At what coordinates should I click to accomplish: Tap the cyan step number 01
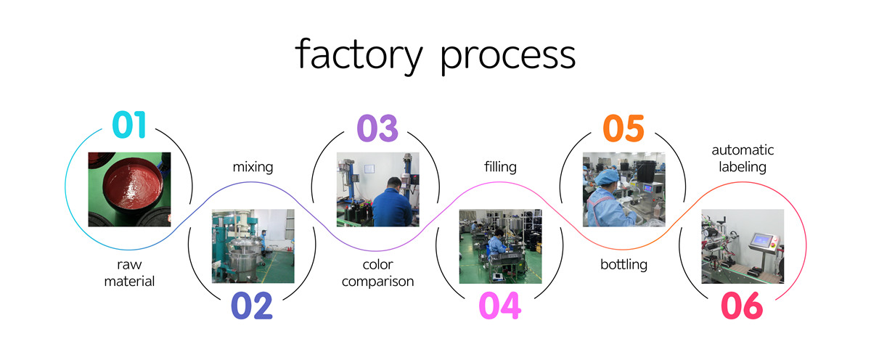[129, 126]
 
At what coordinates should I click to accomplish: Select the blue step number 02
[252, 306]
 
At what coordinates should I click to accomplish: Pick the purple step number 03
[377, 128]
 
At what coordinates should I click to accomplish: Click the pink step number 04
[499, 306]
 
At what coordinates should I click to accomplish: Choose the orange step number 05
[623, 128]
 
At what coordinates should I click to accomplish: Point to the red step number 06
[742, 306]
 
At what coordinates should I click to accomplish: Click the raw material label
[129, 273]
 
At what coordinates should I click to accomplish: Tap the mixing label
[253, 167]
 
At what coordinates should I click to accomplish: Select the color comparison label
[377, 273]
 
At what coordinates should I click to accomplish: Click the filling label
[500, 167]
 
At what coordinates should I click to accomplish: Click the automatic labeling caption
[743, 158]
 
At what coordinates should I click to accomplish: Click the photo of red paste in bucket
[129, 189]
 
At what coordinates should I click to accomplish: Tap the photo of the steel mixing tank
[253, 246]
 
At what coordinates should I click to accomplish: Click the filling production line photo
[500, 246]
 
